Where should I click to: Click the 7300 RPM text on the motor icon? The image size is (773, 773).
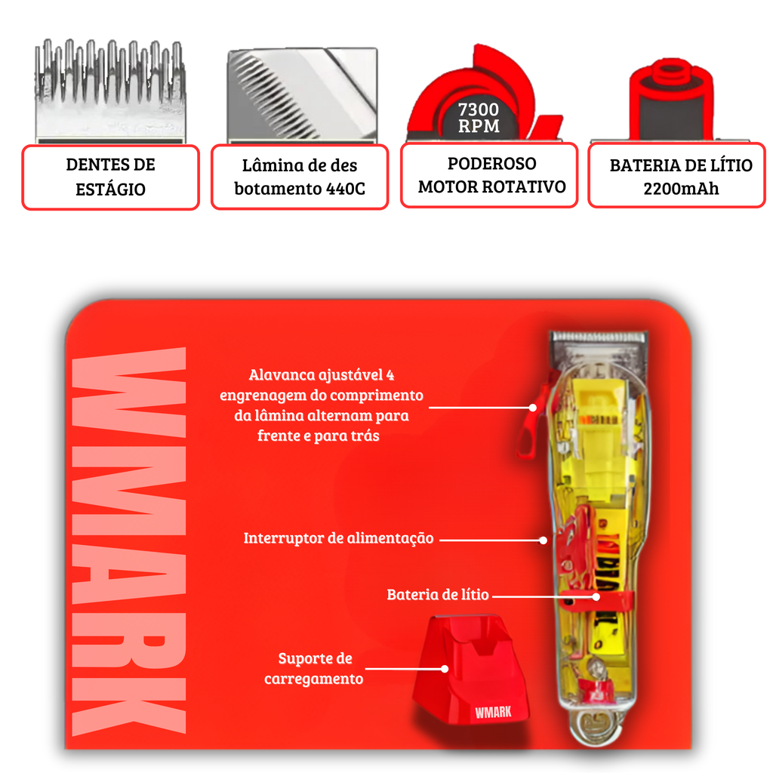(478, 118)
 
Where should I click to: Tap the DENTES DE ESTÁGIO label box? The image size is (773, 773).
(110, 177)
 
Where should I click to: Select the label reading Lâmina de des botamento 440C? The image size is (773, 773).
(300, 177)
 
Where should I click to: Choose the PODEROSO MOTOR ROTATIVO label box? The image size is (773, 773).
(489, 175)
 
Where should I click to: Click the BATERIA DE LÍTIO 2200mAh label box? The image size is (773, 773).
(677, 175)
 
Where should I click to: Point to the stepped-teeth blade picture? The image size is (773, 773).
(110, 91)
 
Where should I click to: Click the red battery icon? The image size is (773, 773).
(671, 99)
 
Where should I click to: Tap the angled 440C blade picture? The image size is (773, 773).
(302, 95)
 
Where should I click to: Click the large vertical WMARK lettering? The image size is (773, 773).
(129, 541)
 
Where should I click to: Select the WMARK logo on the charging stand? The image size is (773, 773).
(493, 712)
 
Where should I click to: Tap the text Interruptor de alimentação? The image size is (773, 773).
(338, 537)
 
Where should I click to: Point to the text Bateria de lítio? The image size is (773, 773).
(437, 595)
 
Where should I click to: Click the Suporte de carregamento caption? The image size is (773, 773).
(314, 669)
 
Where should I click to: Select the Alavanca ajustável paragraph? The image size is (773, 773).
(321, 405)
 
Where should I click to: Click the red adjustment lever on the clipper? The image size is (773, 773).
(532, 419)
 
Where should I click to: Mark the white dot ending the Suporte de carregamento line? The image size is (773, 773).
(445, 669)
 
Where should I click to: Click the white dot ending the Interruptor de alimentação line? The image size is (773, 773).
(543, 540)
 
